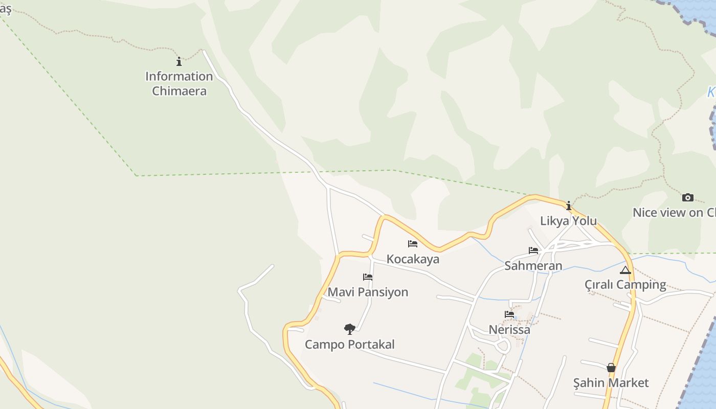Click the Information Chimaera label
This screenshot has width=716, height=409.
click(x=179, y=84)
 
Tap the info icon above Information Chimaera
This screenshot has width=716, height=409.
click(x=179, y=62)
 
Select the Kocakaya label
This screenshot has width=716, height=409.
click(x=413, y=259)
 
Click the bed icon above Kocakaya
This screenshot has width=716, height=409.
click(x=413, y=244)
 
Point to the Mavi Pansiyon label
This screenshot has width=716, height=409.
click(x=368, y=292)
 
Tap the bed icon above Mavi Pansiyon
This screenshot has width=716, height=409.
click(x=368, y=277)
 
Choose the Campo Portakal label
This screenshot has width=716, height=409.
click(x=350, y=345)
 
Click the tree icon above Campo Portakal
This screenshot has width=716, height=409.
click(x=350, y=329)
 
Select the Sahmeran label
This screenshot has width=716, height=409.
click(x=533, y=266)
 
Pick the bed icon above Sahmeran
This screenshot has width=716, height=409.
click(x=533, y=251)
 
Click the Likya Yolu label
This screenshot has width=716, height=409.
click(x=569, y=221)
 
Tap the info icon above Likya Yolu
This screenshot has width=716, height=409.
click(x=569, y=206)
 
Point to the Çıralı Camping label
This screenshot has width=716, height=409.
click(x=625, y=285)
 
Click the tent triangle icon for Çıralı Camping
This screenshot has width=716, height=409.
click(x=625, y=270)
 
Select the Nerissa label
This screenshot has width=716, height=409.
click(x=509, y=330)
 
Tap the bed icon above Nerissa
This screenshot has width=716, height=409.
click(x=509, y=314)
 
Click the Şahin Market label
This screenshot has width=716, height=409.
click(x=611, y=383)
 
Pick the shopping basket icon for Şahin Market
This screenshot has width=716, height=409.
click(x=611, y=368)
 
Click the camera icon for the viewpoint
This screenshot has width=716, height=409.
click(x=688, y=197)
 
